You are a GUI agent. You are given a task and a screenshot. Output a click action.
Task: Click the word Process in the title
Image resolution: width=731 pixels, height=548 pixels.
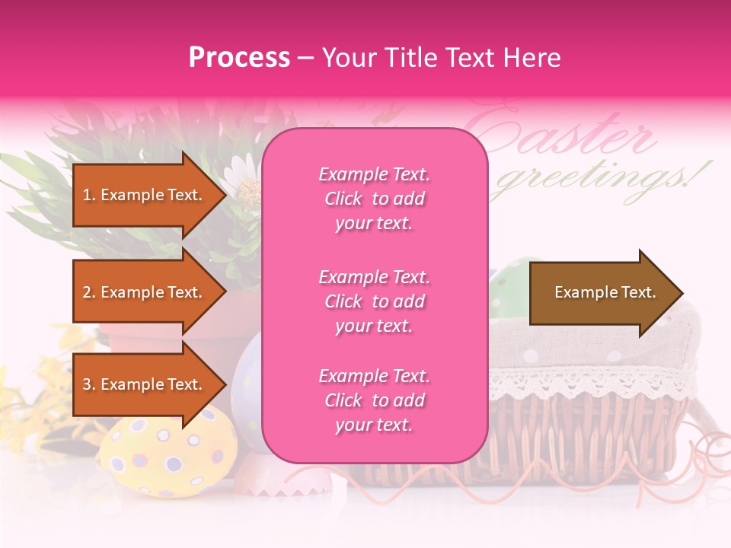tap(239, 58)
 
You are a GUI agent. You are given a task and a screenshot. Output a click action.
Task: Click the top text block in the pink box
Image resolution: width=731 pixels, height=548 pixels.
tap(374, 199)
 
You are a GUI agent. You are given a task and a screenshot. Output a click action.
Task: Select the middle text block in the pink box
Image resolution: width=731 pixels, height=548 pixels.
tap(374, 301)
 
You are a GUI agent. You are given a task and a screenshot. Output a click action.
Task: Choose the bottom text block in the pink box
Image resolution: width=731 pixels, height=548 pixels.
tap(374, 400)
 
